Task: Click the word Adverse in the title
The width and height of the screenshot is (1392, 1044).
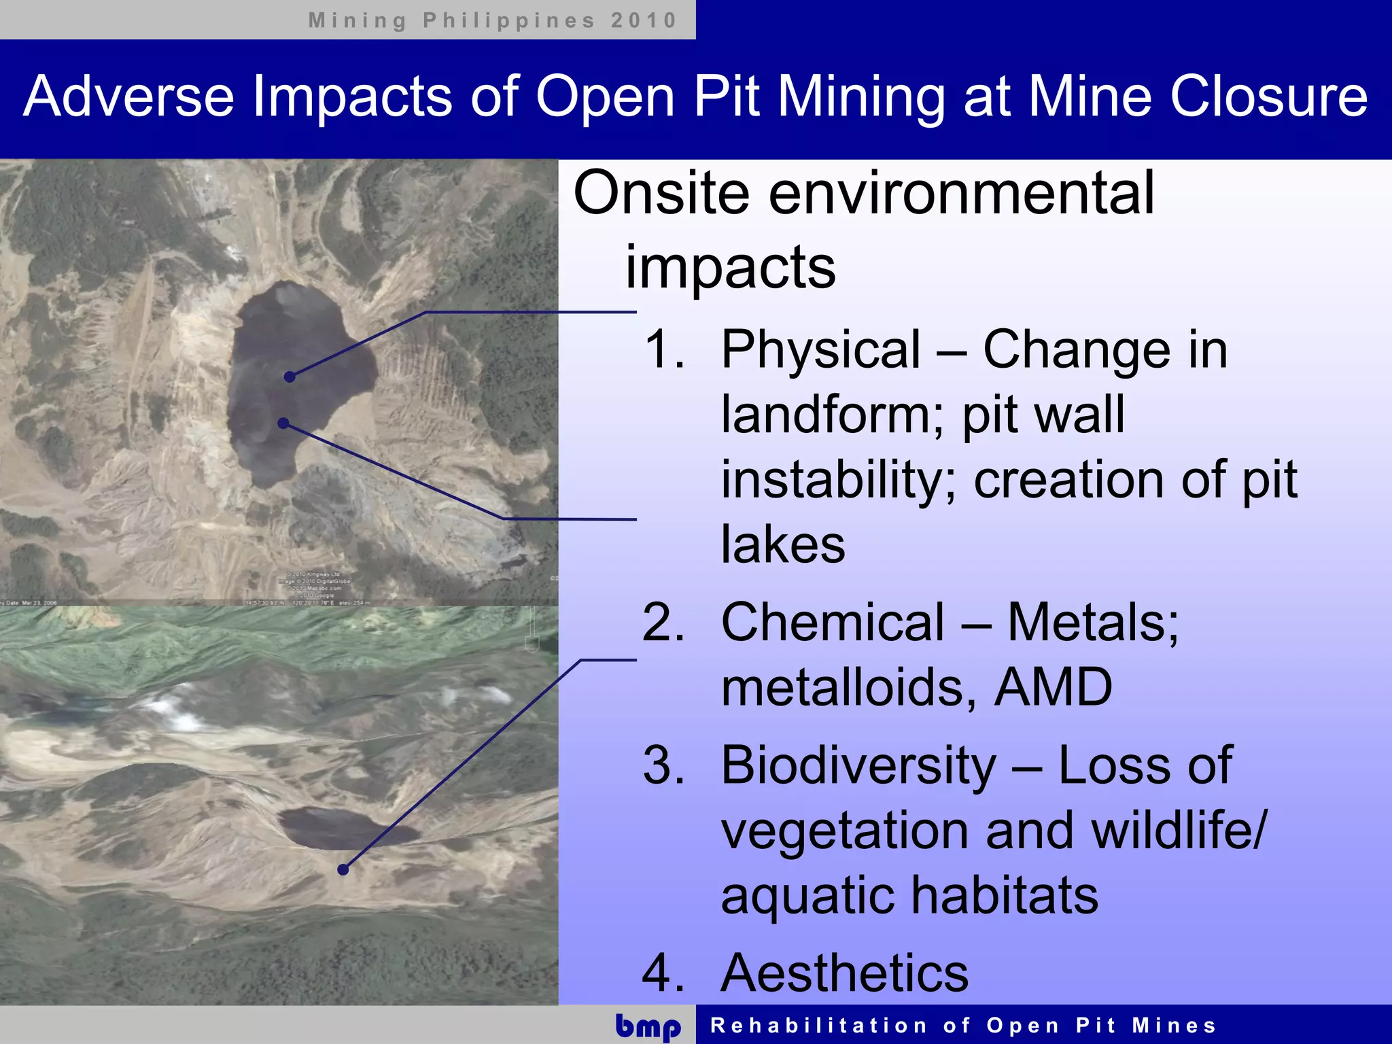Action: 128,97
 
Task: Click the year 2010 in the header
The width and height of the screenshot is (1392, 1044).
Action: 643,20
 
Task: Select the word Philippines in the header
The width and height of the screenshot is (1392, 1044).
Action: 509,20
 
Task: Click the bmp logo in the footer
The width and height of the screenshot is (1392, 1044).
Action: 648,1026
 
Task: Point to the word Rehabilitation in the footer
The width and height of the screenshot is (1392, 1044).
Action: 818,1026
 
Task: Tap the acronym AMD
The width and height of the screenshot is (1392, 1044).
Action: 1053,687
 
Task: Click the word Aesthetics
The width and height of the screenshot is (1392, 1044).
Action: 844,973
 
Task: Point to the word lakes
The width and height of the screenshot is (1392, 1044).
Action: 783,544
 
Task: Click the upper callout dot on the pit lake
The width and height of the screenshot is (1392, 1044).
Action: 290,377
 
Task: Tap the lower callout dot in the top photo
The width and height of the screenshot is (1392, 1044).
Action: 283,423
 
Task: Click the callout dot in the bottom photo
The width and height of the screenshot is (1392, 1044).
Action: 343,869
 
